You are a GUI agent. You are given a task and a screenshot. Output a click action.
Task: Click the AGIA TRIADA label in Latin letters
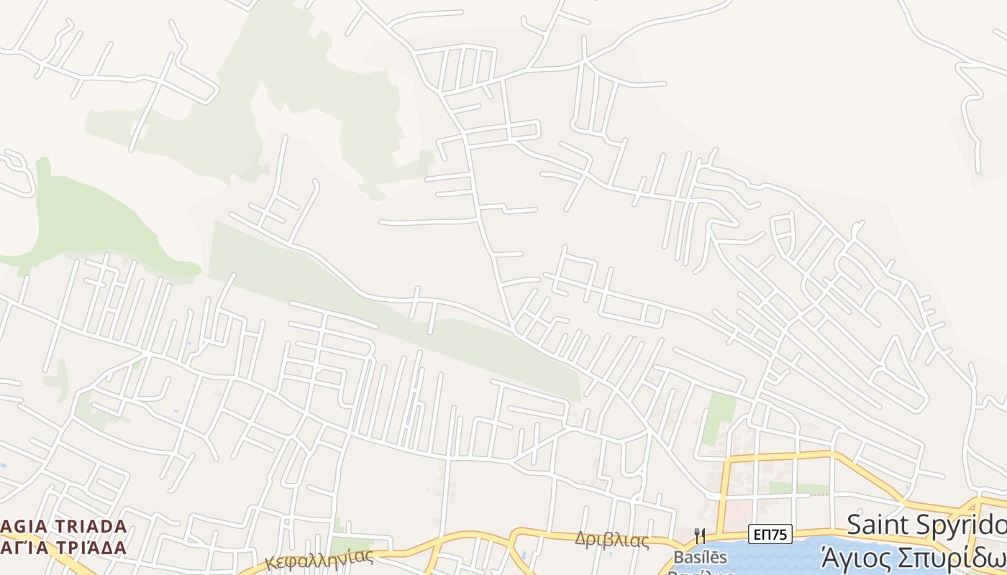65,526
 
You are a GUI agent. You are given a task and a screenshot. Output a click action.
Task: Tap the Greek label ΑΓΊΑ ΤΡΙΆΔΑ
65,547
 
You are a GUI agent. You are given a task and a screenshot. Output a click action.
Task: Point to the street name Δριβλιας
611,540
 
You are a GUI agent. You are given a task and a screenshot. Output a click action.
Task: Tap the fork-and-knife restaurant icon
698,535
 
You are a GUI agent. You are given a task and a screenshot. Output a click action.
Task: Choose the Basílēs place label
700,557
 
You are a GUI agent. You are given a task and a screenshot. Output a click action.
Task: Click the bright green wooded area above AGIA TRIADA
94,216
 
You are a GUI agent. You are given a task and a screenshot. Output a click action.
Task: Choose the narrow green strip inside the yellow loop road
798,489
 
